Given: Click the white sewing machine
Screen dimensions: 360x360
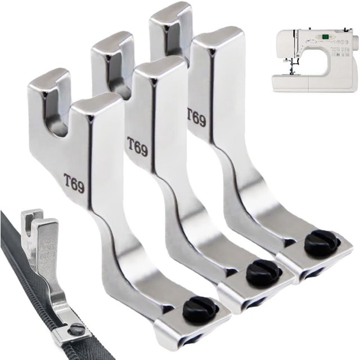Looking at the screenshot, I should point(315,61).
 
